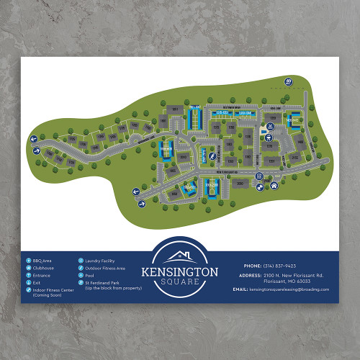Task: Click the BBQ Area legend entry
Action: click(42, 260)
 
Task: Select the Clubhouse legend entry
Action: click(44, 268)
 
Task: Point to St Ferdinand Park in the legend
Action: click(107, 282)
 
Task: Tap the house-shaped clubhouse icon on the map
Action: click(274, 186)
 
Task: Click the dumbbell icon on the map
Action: click(258, 186)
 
